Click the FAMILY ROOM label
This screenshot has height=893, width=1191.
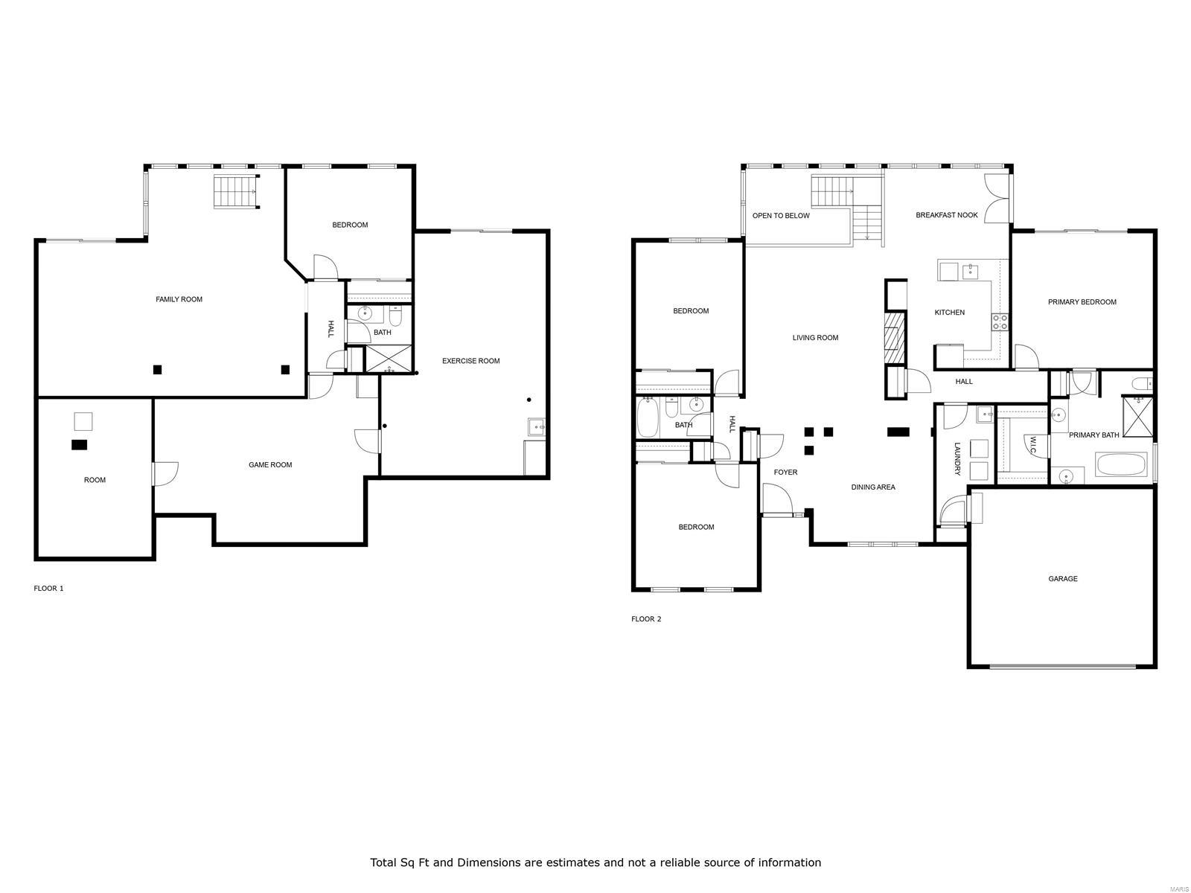click(x=179, y=299)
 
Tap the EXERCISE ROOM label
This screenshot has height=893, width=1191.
click(x=470, y=361)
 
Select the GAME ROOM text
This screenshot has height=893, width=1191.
click(x=270, y=465)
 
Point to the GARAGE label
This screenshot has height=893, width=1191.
click(x=1062, y=579)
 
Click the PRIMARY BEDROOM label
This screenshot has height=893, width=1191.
click(x=1082, y=302)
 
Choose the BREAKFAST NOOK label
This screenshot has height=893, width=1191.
click(x=946, y=215)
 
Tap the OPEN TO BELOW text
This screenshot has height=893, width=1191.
click(x=781, y=216)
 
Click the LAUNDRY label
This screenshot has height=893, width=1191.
click(x=958, y=459)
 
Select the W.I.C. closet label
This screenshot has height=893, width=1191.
click(x=1033, y=445)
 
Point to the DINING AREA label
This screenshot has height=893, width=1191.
click(x=873, y=487)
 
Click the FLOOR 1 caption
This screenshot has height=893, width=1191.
click(x=49, y=589)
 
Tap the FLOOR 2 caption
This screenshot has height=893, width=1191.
click(x=646, y=619)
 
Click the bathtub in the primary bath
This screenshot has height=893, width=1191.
click(x=1121, y=465)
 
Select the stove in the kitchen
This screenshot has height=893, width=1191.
click(x=1000, y=322)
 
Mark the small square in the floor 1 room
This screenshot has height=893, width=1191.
click(x=83, y=421)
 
